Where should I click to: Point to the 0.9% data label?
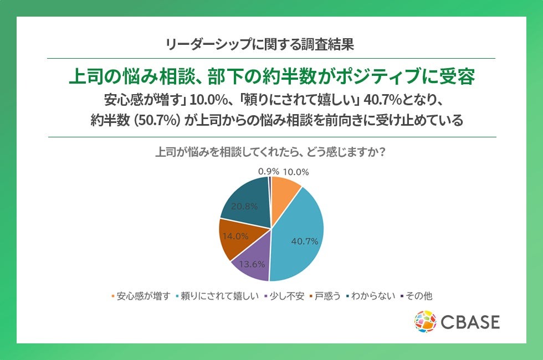(268, 172)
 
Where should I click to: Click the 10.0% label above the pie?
(296, 172)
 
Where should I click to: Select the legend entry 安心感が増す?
(141, 296)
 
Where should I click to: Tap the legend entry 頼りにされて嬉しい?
(217, 296)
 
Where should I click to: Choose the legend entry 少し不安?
(284, 296)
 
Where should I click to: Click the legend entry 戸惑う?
(325, 296)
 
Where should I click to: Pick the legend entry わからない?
(371, 296)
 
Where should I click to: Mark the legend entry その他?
(417, 296)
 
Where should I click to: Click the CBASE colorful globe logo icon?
(426, 322)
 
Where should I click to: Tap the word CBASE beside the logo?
(470, 322)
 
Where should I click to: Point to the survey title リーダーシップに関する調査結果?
(260, 44)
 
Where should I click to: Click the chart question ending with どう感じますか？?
(270, 152)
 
